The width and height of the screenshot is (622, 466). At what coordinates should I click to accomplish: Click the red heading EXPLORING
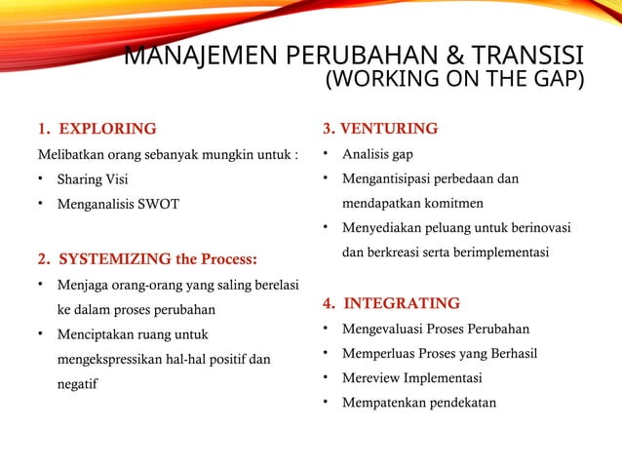click(107, 129)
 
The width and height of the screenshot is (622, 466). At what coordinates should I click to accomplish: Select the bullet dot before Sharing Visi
click(41, 179)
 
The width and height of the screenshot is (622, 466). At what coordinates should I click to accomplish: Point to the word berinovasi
click(536, 228)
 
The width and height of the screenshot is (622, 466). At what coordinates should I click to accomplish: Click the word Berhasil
click(508, 353)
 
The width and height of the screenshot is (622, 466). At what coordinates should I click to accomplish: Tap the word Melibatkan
click(71, 154)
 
